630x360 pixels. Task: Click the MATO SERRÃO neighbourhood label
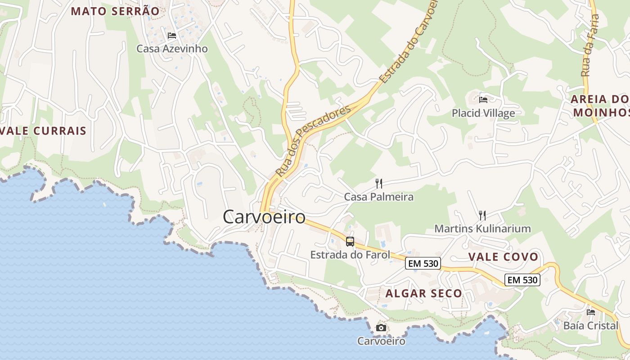tap(115, 11)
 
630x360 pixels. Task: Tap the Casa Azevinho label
tap(172, 49)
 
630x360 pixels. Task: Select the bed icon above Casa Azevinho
tap(171, 36)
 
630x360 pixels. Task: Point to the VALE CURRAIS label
tap(44, 131)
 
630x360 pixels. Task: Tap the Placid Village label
tap(483, 113)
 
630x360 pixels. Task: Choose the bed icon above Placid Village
tap(483, 99)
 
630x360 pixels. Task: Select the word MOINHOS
tap(601, 112)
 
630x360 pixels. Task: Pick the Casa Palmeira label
tap(378, 197)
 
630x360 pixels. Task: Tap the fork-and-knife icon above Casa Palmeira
tap(379, 183)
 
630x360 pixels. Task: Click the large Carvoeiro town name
tap(264, 217)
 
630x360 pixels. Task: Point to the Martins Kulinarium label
tap(482, 229)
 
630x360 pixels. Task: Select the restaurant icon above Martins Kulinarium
tap(482, 215)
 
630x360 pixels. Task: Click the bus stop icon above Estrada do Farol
tap(350, 242)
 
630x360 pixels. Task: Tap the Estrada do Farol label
tap(350, 255)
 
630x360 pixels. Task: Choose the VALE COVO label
tap(503, 257)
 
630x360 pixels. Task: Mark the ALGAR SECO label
tap(423, 293)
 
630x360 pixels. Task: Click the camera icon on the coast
tap(381, 328)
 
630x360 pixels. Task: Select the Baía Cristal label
tap(591, 325)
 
